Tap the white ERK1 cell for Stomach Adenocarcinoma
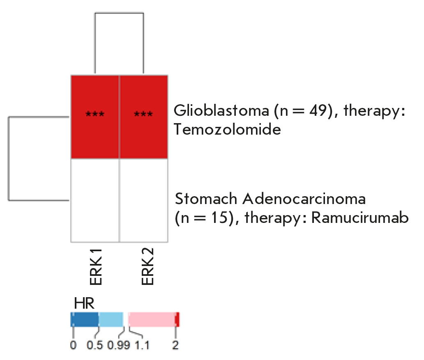(x=95, y=200)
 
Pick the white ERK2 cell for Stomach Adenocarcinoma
(x=143, y=200)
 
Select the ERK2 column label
(x=147, y=266)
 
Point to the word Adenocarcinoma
(x=304, y=199)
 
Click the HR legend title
(x=84, y=304)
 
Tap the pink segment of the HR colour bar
(x=152, y=319)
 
